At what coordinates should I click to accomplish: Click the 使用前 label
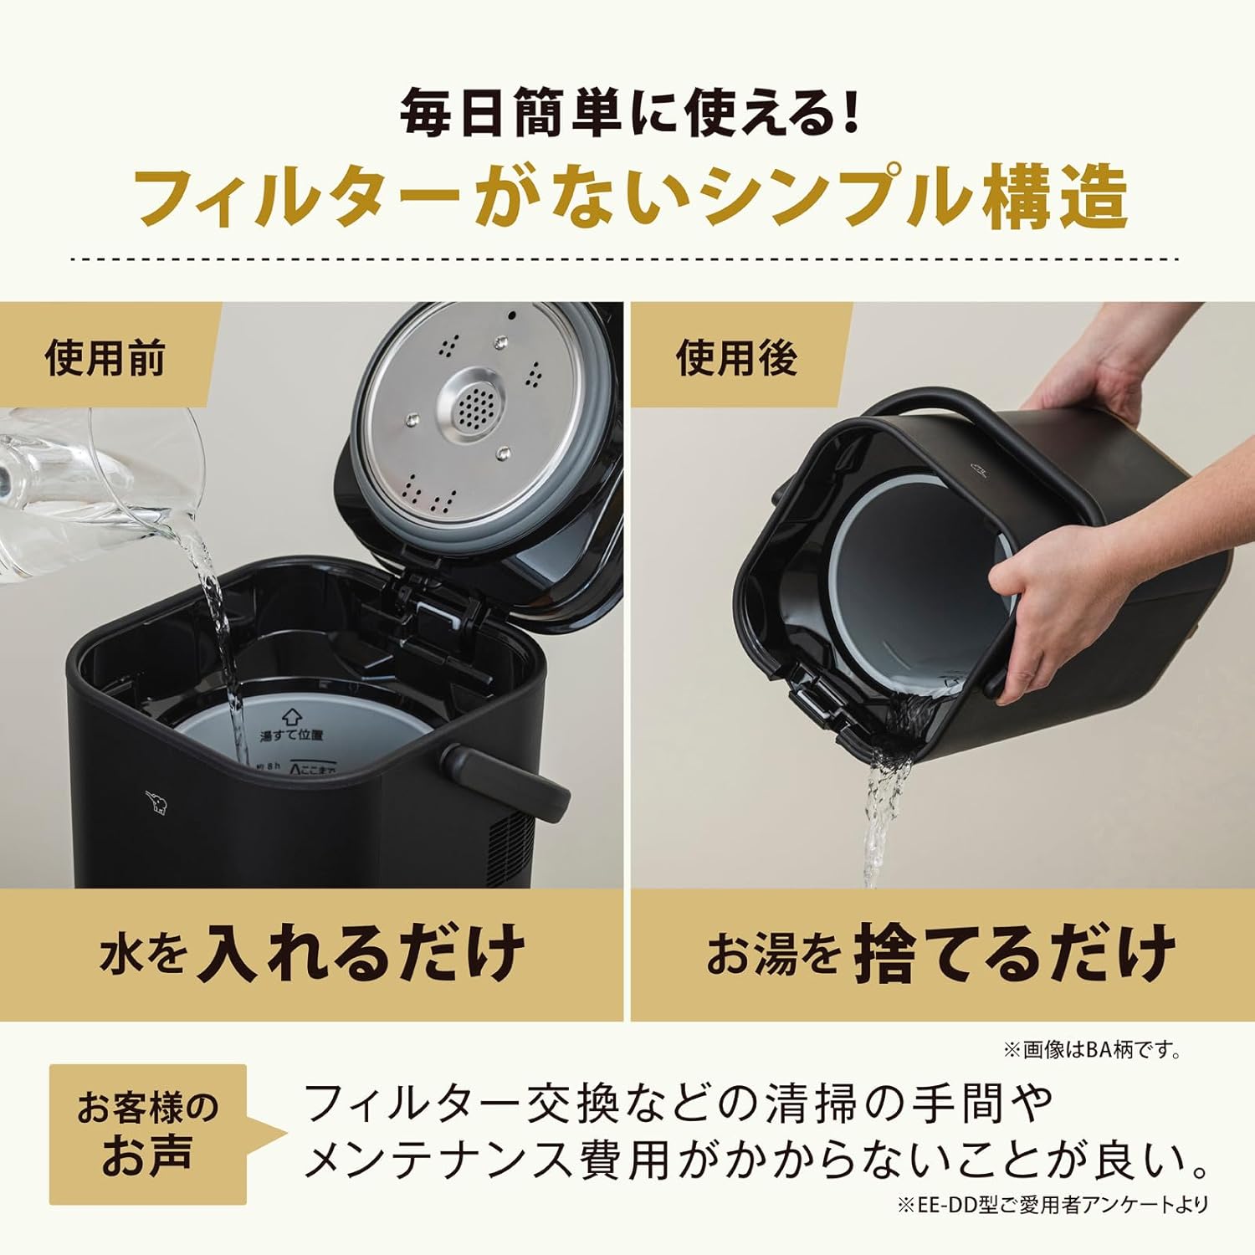[105, 359]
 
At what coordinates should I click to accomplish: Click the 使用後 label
[736, 359]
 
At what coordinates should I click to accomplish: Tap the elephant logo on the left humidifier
[156, 802]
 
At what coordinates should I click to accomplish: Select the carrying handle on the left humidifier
[505, 781]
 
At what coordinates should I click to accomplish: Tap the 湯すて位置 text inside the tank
[291, 735]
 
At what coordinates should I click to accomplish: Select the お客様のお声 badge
[148, 1133]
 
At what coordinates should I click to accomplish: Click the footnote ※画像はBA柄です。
[1093, 1049]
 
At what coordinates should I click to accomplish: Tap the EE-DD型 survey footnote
[1053, 1205]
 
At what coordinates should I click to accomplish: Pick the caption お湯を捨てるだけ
[941, 954]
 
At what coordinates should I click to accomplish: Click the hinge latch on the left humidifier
[435, 607]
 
